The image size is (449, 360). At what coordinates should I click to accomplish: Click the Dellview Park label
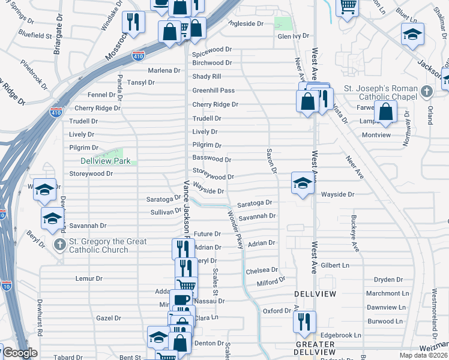pyautogui.click(x=105, y=161)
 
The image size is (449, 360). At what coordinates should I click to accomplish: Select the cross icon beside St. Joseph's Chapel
pyautogui.click(x=426, y=92)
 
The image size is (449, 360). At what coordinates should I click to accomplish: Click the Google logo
pyautogui.click(x=20, y=353)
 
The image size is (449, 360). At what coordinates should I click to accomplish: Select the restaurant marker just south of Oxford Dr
pyautogui.click(x=304, y=322)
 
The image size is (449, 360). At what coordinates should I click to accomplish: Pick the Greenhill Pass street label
pyautogui.click(x=213, y=91)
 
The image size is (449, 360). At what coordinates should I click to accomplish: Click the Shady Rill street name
pyautogui.click(x=206, y=77)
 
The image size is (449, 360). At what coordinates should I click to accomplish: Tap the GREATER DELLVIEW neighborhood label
pyautogui.click(x=315, y=348)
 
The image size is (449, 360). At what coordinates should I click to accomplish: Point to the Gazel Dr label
pyautogui.click(x=109, y=318)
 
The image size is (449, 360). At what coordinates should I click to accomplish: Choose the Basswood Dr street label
pyautogui.click(x=211, y=159)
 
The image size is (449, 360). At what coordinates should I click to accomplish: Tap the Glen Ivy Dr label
pyautogui.click(x=293, y=36)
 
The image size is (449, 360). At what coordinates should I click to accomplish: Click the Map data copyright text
pyautogui.click(x=424, y=355)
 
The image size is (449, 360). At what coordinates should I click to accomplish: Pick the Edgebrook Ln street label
pyautogui.click(x=340, y=335)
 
